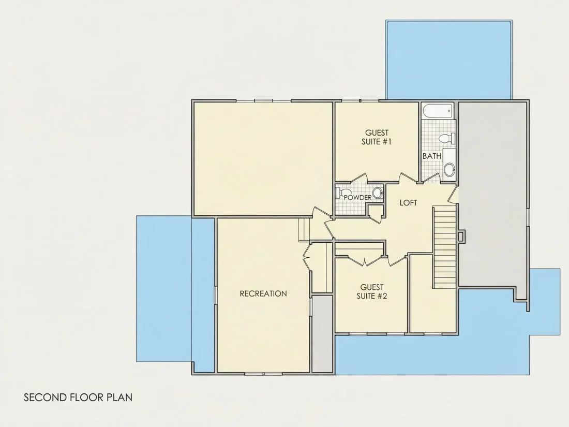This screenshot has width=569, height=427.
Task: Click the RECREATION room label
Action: click(263, 293)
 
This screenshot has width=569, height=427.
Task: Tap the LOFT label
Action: click(408, 202)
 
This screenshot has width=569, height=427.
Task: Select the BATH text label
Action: click(432, 156)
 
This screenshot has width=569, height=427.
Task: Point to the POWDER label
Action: click(357, 198)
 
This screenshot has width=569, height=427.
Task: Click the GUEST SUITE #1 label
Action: click(377, 137)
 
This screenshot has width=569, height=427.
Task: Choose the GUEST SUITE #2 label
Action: click(371, 291)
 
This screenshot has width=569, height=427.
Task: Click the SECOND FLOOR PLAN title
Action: click(78, 397)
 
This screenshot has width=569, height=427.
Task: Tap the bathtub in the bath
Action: click(438, 110)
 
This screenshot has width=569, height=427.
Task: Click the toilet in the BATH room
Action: click(447, 138)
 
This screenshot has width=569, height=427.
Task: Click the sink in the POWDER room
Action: click(378, 193)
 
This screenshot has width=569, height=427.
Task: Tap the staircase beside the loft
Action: click(444, 247)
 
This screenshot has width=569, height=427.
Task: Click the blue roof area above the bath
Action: click(449, 60)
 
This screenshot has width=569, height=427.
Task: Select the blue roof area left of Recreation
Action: click(164, 289)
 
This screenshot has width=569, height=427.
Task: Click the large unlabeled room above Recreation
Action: click(263, 159)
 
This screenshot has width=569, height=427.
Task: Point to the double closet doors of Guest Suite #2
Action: click(365, 260)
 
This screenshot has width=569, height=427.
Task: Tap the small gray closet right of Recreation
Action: click(323, 334)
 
